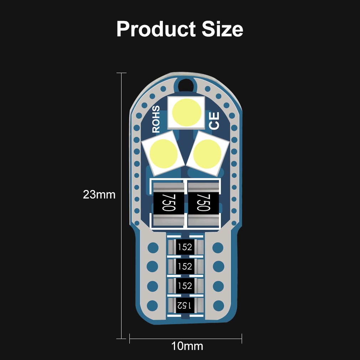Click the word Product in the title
(156, 29)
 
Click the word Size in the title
(222, 29)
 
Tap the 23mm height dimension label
(99, 195)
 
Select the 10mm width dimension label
(187, 346)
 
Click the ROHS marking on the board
(156, 119)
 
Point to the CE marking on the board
(214, 121)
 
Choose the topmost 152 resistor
(185, 247)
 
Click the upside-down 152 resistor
(185, 305)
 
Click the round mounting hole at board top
(186, 85)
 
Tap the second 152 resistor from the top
(185, 266)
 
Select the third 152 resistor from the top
(185, 286)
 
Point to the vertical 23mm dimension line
(122, 250)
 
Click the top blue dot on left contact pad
(153, 247)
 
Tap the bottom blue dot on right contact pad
(218, 305)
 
